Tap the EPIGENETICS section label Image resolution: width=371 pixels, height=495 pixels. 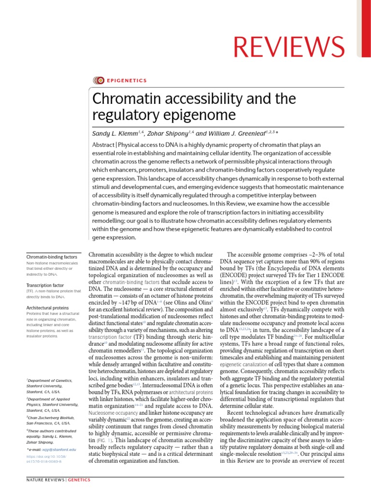click(x=126, y=81)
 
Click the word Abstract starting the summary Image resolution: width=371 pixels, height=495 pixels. click(x=105, y=146)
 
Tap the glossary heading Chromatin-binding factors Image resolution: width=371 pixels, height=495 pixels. click(x=51, y=257)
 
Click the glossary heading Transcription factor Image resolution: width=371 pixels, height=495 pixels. click(x=45, y=285)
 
